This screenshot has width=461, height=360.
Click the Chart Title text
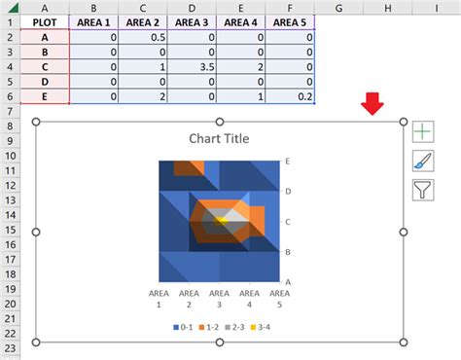(x=219, y=139)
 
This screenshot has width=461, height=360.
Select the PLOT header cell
(x=45, y=21)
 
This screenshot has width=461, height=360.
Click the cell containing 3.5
(x=194, y=67)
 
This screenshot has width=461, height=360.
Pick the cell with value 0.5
(x=143, y=37)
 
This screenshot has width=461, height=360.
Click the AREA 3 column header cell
(x=194, y=21)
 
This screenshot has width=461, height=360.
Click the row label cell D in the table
(x=45, y=82)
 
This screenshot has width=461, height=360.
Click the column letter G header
(x=339, y=7)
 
